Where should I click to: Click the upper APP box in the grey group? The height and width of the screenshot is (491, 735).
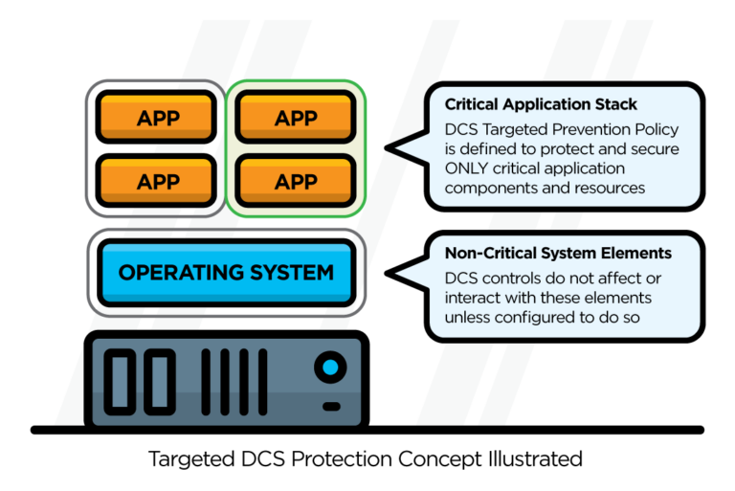pos(158,119)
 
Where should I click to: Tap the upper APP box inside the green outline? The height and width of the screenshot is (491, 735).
pos(296,119)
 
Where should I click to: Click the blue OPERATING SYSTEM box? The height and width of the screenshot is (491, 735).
pos(226,273)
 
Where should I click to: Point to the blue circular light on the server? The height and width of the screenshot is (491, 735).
pos(331,367)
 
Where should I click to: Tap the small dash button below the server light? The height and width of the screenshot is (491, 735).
pos(331,405)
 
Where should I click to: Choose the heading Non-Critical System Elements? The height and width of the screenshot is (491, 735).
pos(558,254)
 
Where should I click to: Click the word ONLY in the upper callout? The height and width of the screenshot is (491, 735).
pos(468,167)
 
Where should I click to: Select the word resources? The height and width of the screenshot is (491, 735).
pos(613,188)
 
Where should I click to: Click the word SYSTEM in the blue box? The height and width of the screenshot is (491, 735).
pos(286,273)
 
